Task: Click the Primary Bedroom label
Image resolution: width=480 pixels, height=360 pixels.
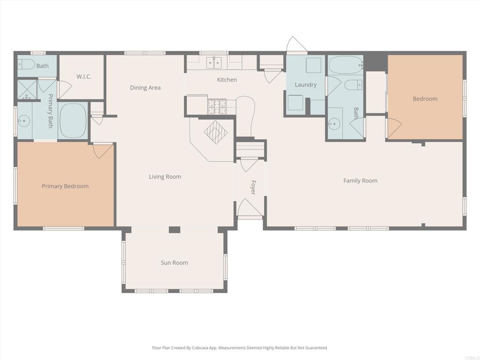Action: (x=65, y=186)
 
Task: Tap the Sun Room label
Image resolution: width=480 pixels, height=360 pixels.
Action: (x=174, y=263)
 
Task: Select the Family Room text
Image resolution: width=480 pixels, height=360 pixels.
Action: (x=360, y=180)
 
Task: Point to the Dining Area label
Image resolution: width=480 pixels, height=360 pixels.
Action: (x=145, y=88)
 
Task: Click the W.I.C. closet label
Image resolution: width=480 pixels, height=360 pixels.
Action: (x=84, y=76)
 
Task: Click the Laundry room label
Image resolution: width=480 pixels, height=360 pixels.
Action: (x=306, y=85)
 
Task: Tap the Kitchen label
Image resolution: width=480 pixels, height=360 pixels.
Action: (x=227, y=80)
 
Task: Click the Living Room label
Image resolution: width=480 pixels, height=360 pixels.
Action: (x=165, y=177)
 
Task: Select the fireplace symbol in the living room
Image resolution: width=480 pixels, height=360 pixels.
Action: (x=216, y=132)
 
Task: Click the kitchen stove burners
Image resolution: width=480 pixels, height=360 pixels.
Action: (x=217, y=106)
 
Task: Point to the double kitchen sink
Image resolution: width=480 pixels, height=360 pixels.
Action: (x=214, y=62)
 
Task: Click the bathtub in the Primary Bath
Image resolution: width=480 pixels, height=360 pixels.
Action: (x=73, y=120)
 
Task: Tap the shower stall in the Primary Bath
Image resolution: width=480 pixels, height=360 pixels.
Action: (x=27, y=90)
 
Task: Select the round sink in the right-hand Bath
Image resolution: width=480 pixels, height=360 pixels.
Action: (x=334, y=125)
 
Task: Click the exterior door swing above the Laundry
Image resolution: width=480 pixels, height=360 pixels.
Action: (x=296, y=46)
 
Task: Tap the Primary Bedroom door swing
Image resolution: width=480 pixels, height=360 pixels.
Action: (x=103, y=150)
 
